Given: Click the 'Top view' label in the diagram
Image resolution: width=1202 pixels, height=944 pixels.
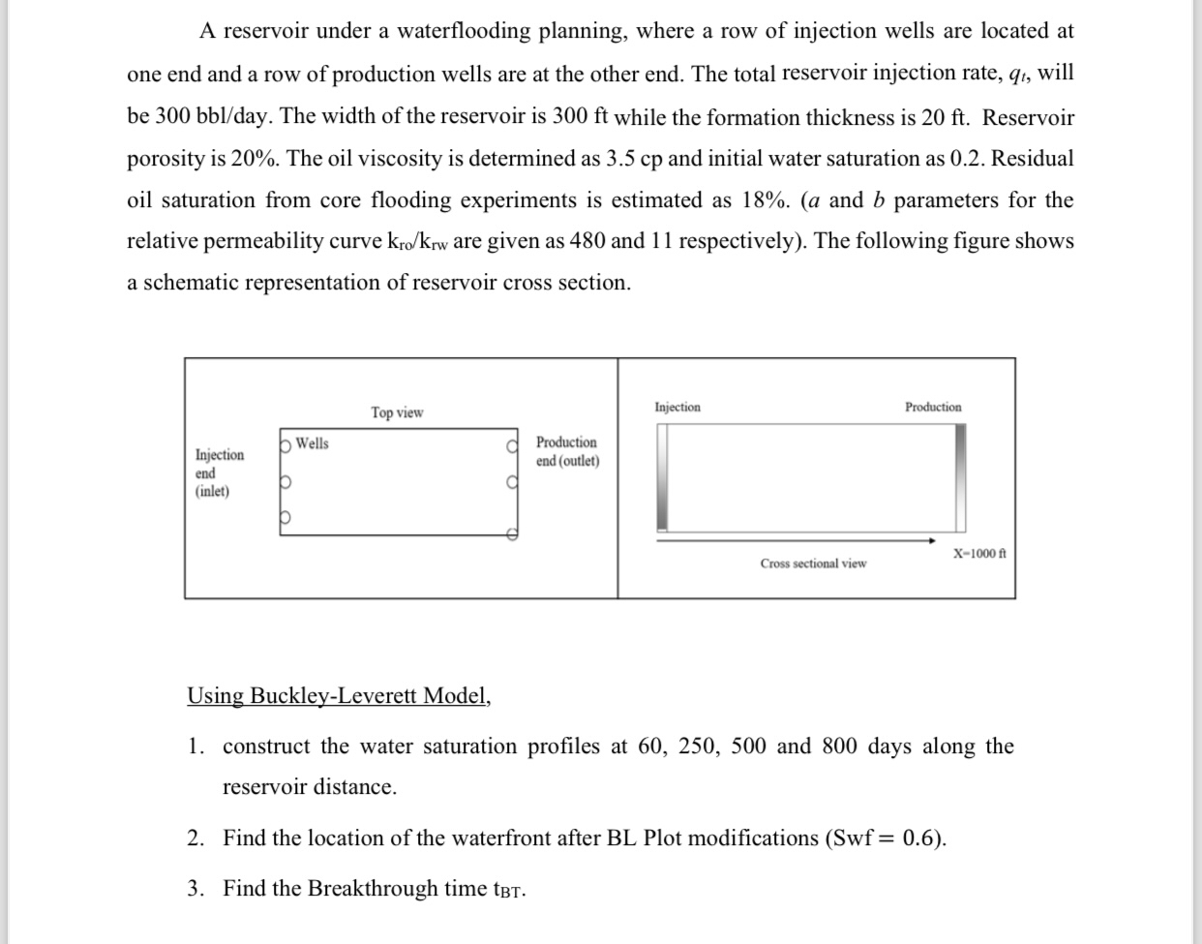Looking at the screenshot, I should pos(397,412).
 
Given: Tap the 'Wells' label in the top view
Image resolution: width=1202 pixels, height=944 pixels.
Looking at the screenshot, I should pos(312,443).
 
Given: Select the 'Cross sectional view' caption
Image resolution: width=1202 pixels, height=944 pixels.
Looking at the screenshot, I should pos(813,563).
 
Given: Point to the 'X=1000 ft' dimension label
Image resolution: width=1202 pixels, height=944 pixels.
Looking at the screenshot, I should pos(979,554).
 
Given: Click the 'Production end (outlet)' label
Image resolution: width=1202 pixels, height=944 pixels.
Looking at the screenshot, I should pos(567,451).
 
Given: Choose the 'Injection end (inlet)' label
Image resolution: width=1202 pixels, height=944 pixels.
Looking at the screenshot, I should pos(219,472).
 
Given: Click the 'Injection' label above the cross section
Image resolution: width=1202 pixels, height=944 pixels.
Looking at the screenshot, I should pos(677,408).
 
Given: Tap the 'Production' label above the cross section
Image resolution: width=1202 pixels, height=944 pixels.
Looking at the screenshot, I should pos(933,408).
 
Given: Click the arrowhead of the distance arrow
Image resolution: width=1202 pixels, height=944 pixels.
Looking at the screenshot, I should pos(931,540).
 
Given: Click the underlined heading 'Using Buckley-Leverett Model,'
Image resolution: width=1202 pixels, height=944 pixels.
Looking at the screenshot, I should pos(339,696).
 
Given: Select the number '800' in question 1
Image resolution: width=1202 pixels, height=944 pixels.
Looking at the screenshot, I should pos(843,746).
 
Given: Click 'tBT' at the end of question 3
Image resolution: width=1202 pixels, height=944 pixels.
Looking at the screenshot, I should pos(509,890).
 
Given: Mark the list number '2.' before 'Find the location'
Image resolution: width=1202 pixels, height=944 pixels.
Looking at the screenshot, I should pos(196,838).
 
